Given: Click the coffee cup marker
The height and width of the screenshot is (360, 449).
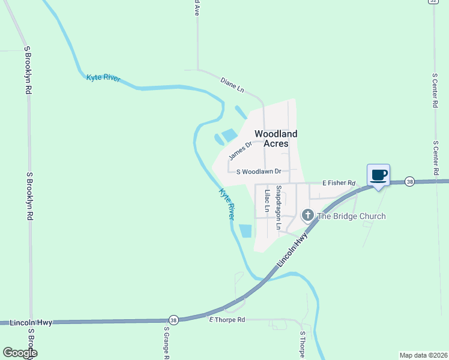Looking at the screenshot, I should point(378,175).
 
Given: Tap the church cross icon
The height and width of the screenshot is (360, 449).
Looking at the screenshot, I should point(307,215).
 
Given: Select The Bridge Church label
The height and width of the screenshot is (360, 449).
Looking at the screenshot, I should point(351,216).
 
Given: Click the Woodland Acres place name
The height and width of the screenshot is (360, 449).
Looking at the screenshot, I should point(276,139).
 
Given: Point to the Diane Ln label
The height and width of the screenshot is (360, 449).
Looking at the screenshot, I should point(232,85).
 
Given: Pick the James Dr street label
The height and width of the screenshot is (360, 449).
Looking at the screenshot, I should point(240,151).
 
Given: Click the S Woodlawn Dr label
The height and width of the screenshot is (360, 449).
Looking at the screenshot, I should point(259,172).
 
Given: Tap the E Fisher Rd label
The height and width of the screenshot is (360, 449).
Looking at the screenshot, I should point(339,182).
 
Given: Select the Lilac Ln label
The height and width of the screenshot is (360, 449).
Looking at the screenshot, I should point(267,200).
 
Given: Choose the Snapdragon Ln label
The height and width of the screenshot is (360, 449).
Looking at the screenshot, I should point(279,208).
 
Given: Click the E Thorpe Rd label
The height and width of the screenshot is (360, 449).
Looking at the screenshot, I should point(227,320).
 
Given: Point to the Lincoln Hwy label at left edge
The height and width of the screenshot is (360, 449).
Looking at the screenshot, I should point(31,323).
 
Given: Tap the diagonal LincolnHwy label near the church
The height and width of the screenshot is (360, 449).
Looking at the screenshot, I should point(293,251).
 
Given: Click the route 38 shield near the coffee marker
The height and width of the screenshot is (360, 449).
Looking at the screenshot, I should point(409,181).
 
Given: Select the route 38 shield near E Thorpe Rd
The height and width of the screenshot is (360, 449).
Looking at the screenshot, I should point(173,319).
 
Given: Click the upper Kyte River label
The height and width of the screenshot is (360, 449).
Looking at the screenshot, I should point(103,78).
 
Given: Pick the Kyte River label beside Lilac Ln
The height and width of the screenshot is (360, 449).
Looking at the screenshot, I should point(226,204).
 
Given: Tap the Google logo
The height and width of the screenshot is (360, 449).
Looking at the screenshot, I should point(19,353).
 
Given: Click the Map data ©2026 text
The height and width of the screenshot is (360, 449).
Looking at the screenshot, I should point(423,355).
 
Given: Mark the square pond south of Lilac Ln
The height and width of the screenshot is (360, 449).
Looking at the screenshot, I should point(246,231).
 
